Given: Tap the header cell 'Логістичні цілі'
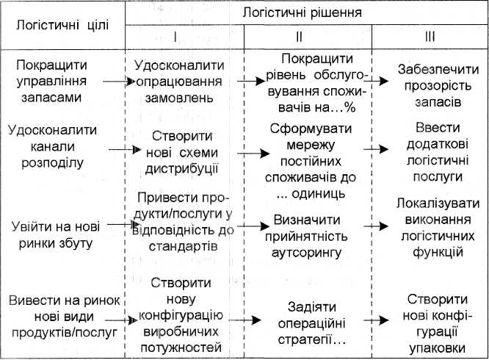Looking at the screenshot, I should point(59,25).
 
